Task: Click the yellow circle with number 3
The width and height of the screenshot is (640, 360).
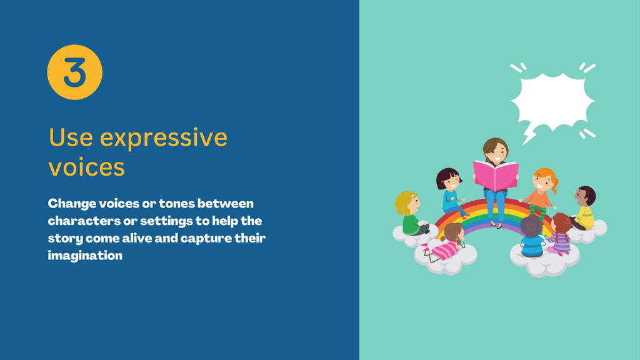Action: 75,72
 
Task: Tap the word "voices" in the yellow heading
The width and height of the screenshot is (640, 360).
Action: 86,167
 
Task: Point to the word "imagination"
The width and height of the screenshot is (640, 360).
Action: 85,256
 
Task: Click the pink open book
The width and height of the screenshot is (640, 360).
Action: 496,176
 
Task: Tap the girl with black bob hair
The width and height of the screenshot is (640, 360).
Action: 451,191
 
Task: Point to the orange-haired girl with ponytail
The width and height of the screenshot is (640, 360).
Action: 541,192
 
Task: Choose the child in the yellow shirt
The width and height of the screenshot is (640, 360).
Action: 584,208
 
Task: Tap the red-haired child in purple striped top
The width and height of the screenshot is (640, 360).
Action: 561,234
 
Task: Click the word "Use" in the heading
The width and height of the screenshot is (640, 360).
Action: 71,137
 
